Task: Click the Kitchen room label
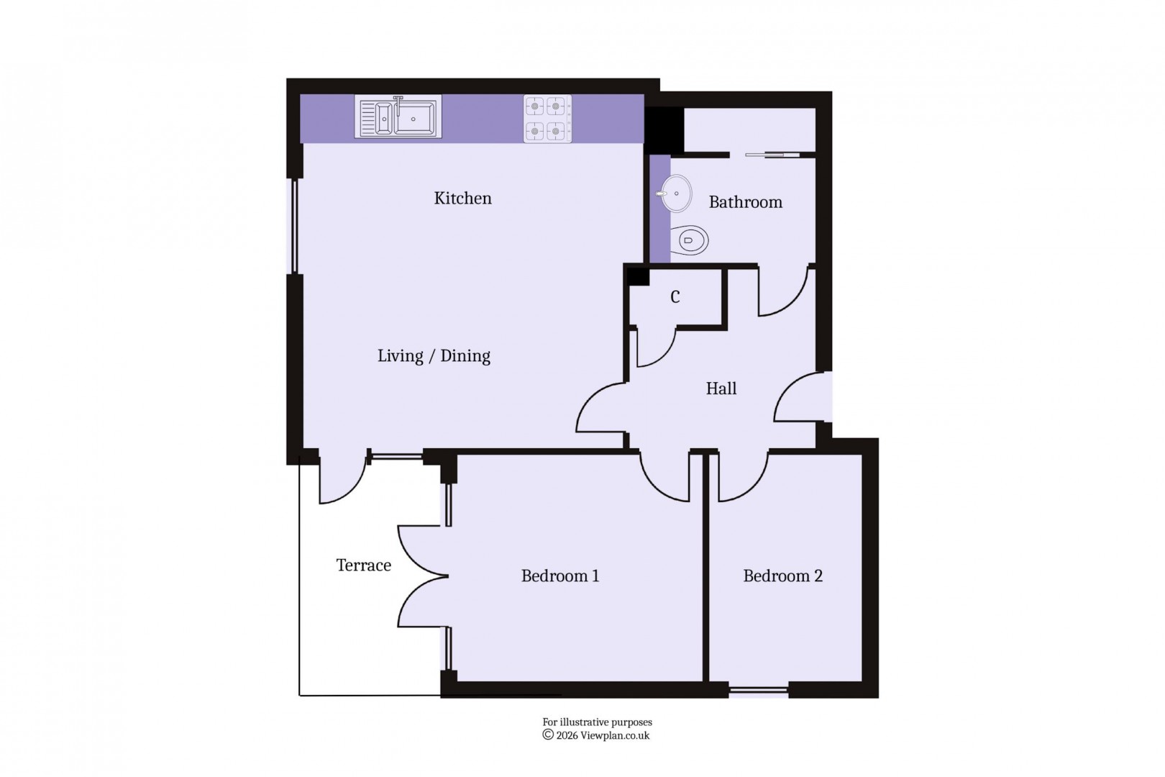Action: (462, 199)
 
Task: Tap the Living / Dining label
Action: (434, 356)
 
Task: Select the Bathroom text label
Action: (745, 202)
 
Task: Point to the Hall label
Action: (721, 389)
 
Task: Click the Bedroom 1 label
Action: (559, 576)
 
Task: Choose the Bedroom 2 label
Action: (782, 576)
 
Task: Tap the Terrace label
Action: (363, 565)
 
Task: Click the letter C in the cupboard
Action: (675, 297)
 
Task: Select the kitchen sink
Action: (398, 117)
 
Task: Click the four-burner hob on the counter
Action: (547, 119)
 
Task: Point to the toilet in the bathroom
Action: (691, 240)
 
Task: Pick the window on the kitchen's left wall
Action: (293, 226)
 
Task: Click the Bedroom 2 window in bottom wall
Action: (758, 691)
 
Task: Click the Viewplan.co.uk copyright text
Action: (596, 735)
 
